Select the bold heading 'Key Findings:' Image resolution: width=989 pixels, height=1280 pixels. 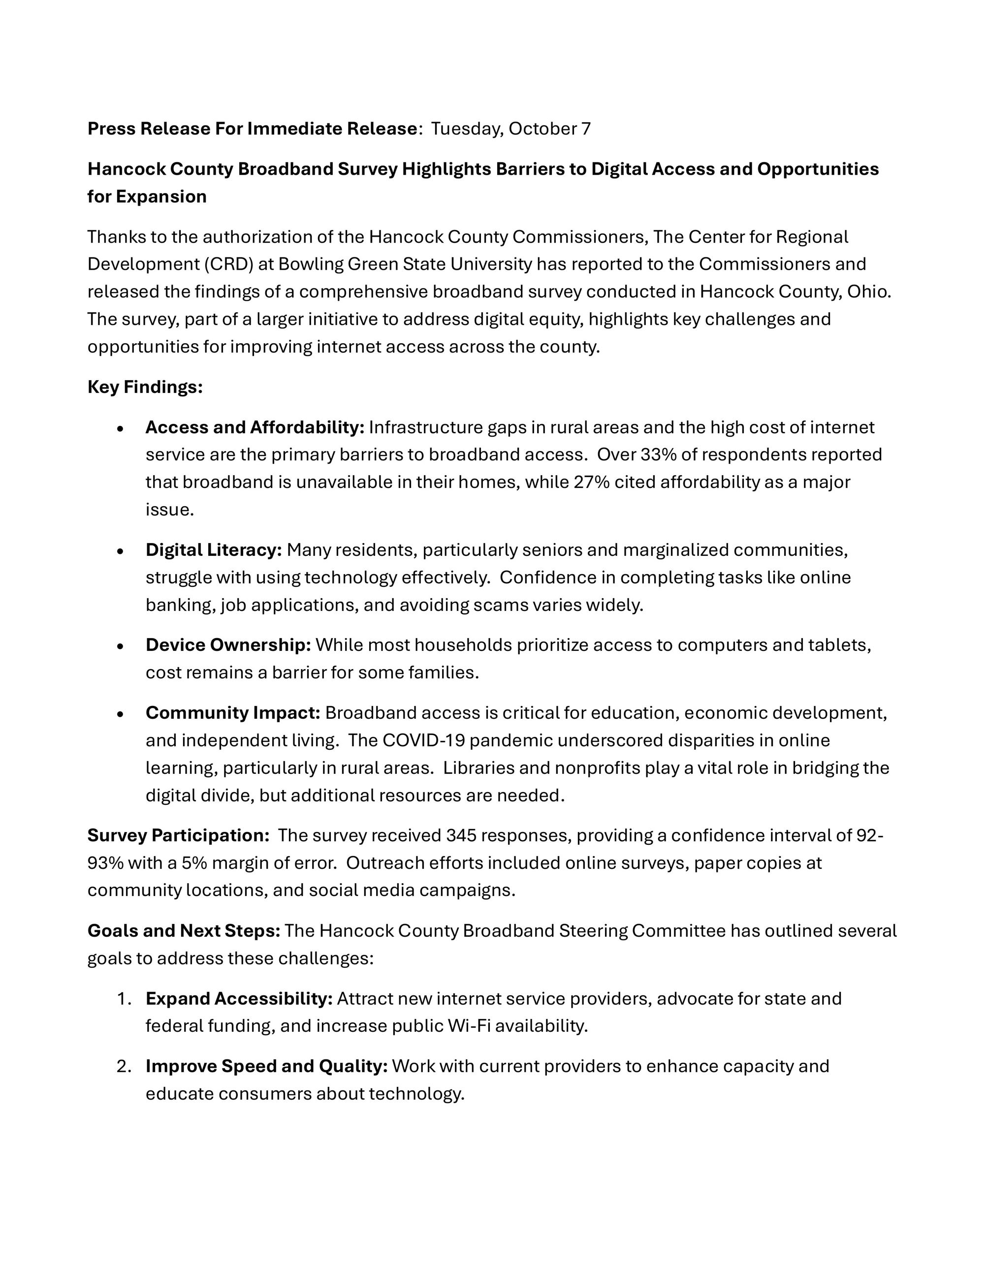click(x=145, y=387)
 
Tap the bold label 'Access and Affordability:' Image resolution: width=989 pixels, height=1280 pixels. click(x=255, y=428)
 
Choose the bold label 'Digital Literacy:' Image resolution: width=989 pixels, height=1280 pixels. click(x=214, y=550)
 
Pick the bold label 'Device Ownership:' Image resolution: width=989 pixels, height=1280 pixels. click(x=228, y=645)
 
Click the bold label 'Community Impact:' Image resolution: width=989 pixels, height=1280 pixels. click(x=232, y=713)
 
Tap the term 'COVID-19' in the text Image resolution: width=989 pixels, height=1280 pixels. click(x=423, y=741)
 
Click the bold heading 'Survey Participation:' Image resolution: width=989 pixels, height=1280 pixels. click(x=178, y=836)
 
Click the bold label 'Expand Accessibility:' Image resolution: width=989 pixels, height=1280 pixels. click(x=239, y=999)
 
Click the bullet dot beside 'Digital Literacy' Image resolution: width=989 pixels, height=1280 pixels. click(x=120, y=551)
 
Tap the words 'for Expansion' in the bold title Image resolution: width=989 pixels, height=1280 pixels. click(x=147, y=196)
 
